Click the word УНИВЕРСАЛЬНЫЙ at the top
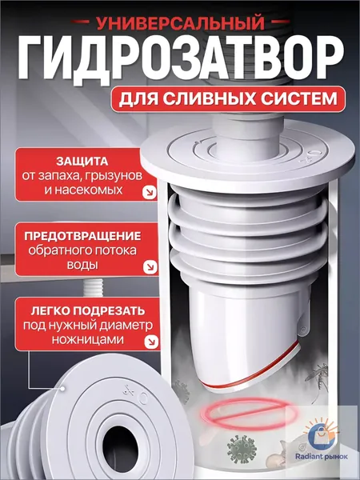click(x=180, y=22)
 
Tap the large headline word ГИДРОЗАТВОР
click(x=181, y=58)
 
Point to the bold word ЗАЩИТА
click(x=82, y=162)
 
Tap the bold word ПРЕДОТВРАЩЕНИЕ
click(x=82, y=236)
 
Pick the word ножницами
click(x=87, y=339)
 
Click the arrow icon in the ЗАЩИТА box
click(x=150, y=193)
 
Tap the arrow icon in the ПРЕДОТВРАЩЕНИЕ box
click(x=150, y=267)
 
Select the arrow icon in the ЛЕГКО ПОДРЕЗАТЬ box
click(x=152, y=342)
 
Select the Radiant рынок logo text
click(x=321, y=457)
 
